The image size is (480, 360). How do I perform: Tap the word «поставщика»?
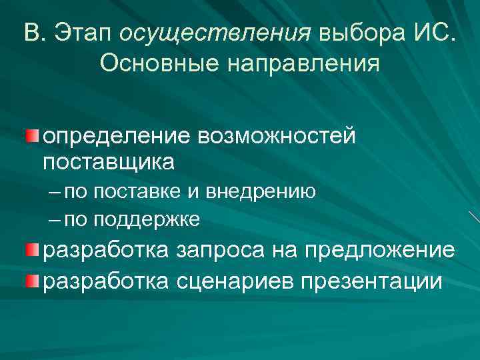coord(109,161)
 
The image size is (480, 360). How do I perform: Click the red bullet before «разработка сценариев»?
coord(32,277)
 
